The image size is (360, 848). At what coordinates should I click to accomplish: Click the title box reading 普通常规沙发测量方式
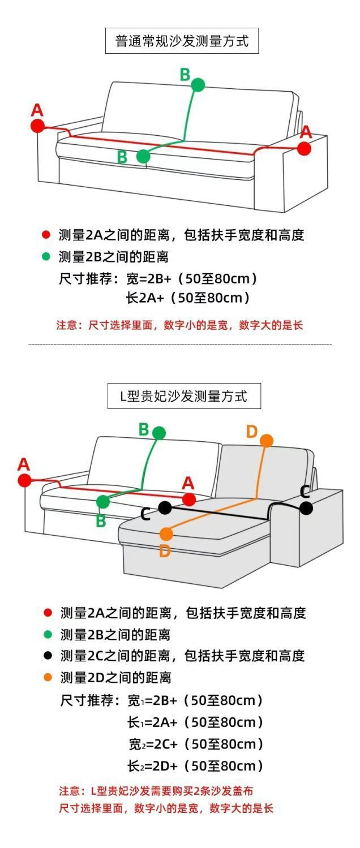coord(182,41)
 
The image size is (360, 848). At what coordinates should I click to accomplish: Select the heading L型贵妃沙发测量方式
coord(184,396)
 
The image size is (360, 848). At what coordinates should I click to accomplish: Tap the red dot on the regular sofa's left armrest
coord(37,126)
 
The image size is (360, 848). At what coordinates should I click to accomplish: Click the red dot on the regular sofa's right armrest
coord(304,148)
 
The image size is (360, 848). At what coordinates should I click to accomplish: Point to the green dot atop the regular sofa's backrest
coord(198,85)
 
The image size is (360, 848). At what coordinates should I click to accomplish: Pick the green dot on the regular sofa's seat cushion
coord(143,156)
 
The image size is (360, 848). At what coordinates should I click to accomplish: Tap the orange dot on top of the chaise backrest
coord(267,440)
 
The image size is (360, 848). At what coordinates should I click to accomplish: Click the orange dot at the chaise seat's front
coord(166,533)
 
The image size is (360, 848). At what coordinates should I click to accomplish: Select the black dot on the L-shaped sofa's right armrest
coord(306,508)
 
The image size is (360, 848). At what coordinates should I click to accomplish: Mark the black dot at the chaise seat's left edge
coord(165,507)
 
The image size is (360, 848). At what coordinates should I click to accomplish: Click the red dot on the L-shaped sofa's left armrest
coord(24,480)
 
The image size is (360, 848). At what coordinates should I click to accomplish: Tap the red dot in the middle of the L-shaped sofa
coord(189,500)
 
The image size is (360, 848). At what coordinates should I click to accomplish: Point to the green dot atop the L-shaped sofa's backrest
coord(159,433)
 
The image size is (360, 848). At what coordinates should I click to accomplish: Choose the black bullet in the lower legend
coord(48,656)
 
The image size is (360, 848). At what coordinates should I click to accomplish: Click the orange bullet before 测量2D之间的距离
coord(48,677)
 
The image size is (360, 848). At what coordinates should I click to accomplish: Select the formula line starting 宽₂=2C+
coord(196,744)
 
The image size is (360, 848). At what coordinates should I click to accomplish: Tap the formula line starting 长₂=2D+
coord(195,766)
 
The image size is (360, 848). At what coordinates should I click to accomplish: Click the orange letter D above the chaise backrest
coord(252,432)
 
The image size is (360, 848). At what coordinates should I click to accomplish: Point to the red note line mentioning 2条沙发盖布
coord(160,790)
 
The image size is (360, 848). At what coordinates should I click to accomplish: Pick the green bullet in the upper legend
coord(46,256)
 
